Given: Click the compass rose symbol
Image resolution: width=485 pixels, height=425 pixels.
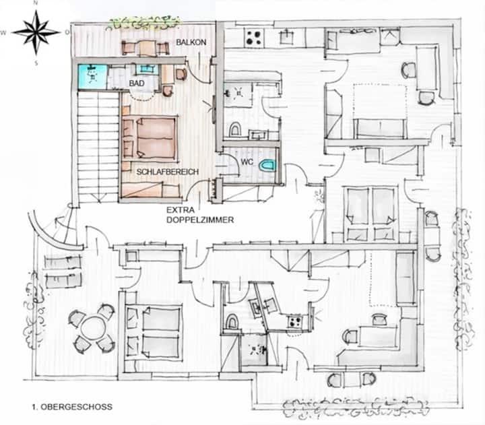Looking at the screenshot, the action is click(36, 32).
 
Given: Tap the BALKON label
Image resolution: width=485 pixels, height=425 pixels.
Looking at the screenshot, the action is click(191, 42).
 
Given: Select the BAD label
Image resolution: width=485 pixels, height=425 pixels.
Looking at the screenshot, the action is click(136, 84).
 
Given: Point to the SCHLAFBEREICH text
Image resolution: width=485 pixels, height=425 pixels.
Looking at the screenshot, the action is click(167, 172).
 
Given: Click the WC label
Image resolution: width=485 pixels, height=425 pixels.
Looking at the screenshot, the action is click(247, 162).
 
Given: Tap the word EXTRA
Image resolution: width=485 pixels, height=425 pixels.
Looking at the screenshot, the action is click(181, 210).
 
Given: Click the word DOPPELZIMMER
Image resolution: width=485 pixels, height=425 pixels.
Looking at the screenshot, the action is click(200, 220).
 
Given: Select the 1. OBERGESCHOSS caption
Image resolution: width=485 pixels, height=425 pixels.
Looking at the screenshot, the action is click(72, 406).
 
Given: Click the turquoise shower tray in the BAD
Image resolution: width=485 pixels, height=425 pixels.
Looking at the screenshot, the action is click(92, 76).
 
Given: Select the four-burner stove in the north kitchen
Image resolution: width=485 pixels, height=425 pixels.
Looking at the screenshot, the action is click(255, 38).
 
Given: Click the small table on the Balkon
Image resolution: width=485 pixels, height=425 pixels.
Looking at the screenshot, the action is click(145, 48).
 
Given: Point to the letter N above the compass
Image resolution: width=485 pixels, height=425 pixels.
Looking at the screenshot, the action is click(36, 3).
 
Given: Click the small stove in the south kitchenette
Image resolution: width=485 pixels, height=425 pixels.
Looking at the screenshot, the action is click(294, 322).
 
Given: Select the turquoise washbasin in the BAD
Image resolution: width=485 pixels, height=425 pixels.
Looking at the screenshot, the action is click(148, 69).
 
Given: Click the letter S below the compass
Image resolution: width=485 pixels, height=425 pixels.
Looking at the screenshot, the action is click(36, 63).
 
